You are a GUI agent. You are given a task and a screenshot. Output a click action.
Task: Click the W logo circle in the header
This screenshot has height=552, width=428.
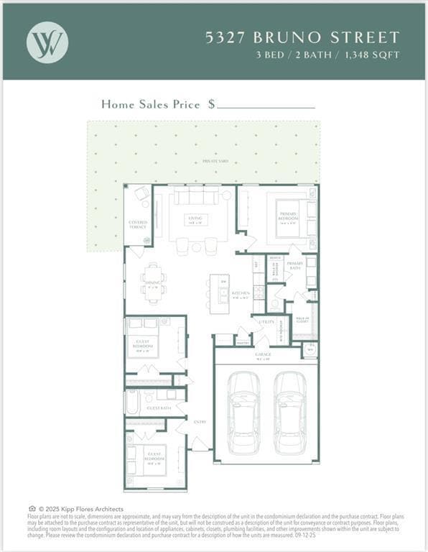point(47,42)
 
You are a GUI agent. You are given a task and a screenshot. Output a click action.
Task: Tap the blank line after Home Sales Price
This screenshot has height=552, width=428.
point(266,105)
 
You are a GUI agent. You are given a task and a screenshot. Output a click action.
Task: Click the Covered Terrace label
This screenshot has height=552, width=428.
point(138,224)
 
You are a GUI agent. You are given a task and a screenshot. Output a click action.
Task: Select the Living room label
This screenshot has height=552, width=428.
point(195,218)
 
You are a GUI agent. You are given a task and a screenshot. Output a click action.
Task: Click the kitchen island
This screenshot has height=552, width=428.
point(218,293)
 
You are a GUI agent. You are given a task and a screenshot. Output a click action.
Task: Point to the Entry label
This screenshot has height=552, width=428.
point(200,422)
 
